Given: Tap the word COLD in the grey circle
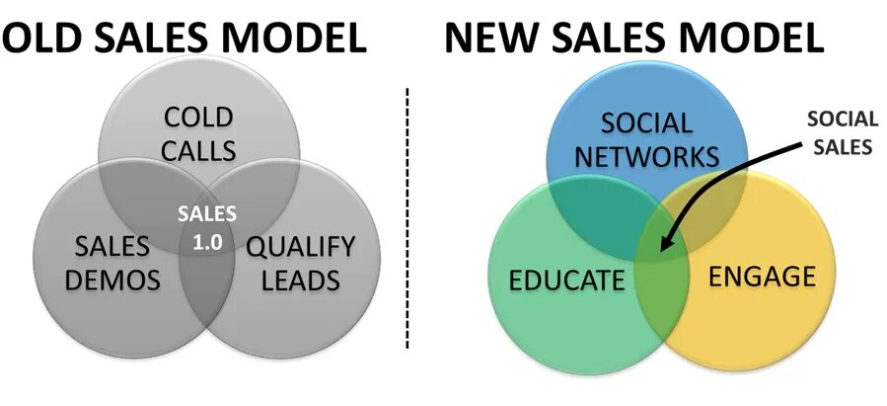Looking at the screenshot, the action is coord(198,120).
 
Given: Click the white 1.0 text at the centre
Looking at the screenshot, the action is coord(207,240).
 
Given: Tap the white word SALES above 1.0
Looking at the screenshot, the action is coord(207,213).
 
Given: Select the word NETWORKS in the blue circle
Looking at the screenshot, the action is coord(647,156).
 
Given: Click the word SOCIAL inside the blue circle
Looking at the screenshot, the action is coord(647,123).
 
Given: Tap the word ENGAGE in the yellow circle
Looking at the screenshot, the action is coord(763,276).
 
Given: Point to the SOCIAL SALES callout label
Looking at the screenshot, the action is coord(841,134).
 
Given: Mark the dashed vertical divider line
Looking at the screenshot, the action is coord(407,217).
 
